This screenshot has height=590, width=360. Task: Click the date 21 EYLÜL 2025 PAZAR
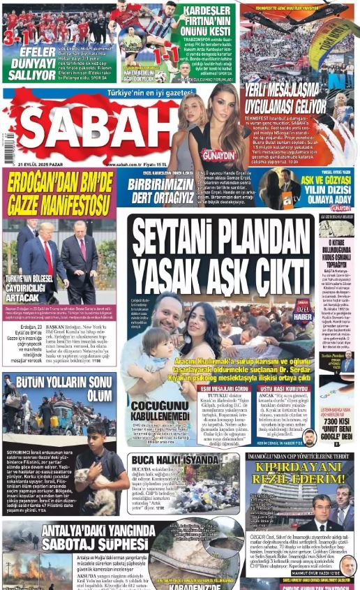(x=33, y=163)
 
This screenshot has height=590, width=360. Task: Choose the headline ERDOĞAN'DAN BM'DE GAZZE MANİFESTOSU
(x=59, y=193)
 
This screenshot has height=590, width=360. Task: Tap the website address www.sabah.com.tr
(x=125, y=164)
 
